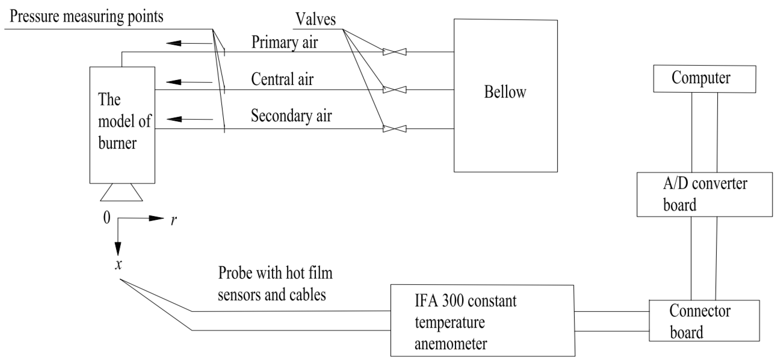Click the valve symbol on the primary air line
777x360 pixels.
click(394, 52)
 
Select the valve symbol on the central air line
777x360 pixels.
click(394, 89)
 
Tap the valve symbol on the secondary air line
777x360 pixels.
click(394, 129)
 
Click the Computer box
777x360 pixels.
click(704, 79)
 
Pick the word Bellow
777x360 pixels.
click(505, 92)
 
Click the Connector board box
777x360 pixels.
click(704, 321)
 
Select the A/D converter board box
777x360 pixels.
click(704, 194)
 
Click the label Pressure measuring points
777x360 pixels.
click(86, 16)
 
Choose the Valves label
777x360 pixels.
click(316, 19)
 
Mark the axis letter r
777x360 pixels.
click(174, 220)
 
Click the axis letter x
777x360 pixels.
click(119, 265)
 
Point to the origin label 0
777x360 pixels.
click(107, 217)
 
